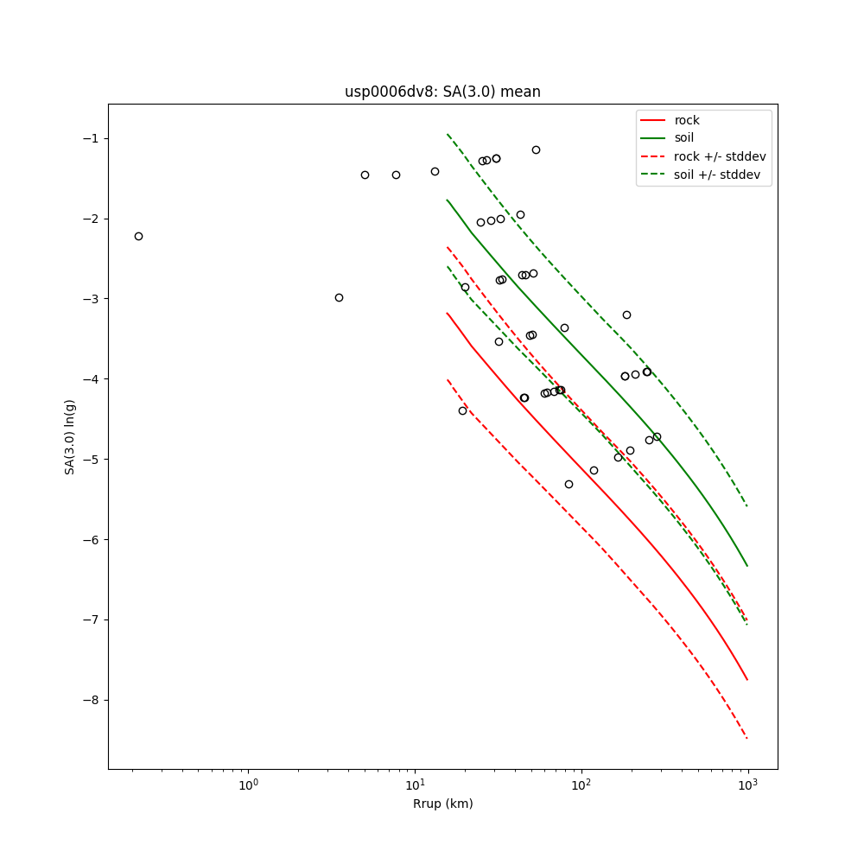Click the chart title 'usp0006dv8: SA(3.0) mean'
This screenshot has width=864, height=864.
click(442, 92)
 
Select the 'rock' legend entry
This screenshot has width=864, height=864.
click(687, 120)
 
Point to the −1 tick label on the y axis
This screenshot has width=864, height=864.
click(91, 138)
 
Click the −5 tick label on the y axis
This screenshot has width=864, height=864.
click(91, 459)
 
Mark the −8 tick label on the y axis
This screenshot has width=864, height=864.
click(91, 700)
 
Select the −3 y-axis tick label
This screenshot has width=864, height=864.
click(91, 299)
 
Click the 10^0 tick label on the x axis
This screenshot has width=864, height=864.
click(249, 785)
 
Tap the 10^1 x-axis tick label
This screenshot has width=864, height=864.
click(416, 785)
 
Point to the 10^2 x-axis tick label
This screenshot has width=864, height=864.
click(582, 785)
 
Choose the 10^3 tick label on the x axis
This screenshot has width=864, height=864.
click(748, 785)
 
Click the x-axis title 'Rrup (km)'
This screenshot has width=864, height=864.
click(442, 804)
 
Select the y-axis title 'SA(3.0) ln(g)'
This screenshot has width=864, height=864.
click(70, 436)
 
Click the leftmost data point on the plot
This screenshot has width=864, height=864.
click(138, 236)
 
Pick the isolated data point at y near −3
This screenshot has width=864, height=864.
click(339, 297)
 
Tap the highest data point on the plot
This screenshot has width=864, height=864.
click(536, 149)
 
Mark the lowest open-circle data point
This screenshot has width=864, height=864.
click(569, 484)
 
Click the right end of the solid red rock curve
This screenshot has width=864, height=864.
click(747, 679)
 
